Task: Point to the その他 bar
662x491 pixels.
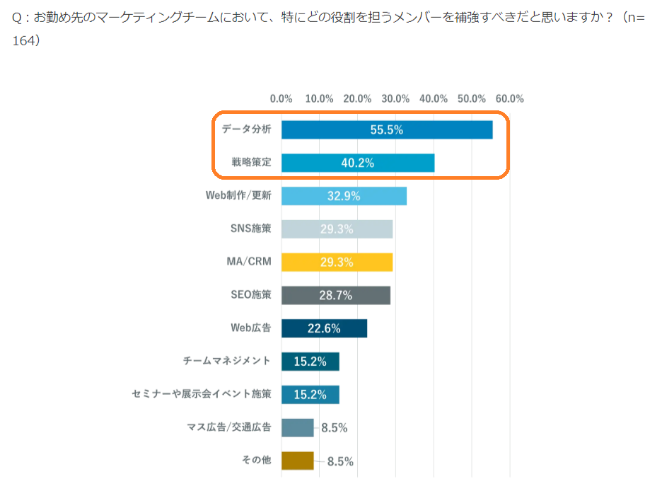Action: (297, 461)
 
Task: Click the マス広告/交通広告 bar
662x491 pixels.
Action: (297, 427)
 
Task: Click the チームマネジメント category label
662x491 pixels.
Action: (226, 361)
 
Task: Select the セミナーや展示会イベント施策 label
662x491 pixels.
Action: (202, 394)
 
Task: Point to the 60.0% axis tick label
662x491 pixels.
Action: (509, 99)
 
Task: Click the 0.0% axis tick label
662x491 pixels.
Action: (281, 99)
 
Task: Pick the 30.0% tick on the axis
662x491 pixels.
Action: (395, 99)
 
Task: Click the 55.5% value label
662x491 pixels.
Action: (386, 130)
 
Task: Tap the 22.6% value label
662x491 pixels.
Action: (325, 328)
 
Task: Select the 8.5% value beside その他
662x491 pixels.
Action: (340, 461)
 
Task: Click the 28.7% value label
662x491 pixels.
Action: (336, 295)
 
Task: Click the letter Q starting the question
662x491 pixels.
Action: (18, 17)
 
